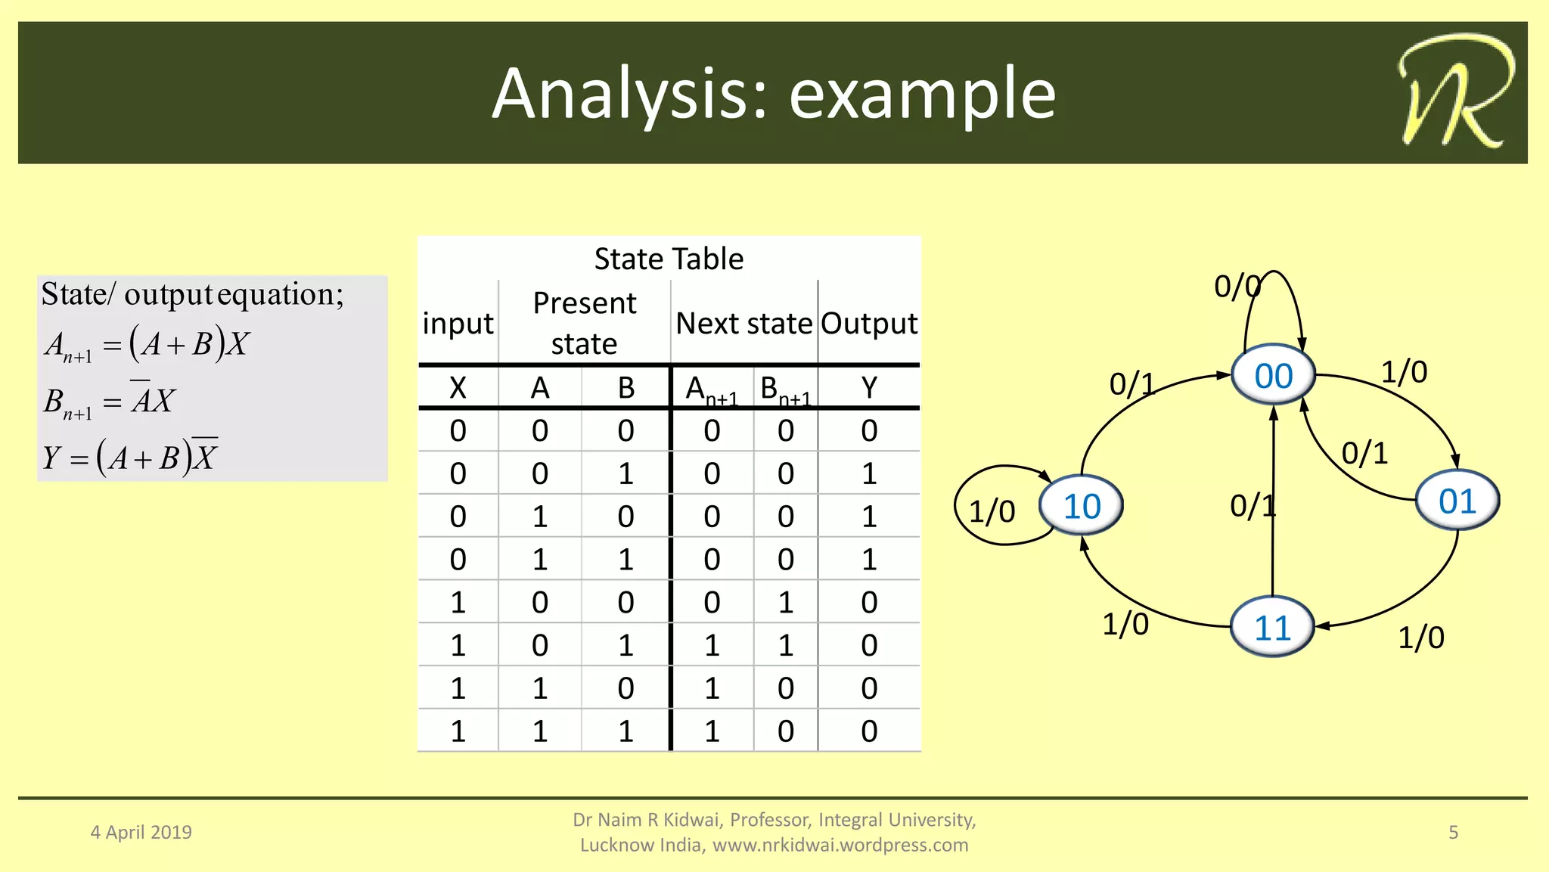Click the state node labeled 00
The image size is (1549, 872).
(x=1274, y=376)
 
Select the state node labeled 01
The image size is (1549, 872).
(x=1457, y=501)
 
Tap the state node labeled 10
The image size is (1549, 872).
(x=1082, y=506)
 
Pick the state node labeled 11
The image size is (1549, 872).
(x=1272, y=628)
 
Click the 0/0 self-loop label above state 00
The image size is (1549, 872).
(x=1237, y=287)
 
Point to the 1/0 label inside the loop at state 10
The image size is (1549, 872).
(x=992, y=512)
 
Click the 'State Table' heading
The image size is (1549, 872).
(x=669, y=259)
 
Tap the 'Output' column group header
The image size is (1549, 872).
(x=869, y=324)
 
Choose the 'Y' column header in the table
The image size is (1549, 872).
(x=869, y=388)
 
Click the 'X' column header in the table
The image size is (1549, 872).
(x=458, y=388)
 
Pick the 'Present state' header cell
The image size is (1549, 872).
(x=584, y=323)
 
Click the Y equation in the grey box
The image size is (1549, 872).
(x=130, y=457)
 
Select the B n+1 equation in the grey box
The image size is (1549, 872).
(x=110, y=401)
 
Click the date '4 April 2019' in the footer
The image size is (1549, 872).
(x=141, y=832)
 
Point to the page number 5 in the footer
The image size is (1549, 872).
(x=1453, y=832)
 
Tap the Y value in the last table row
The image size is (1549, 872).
(x=869, y=731)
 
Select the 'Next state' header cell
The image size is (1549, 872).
(x=743, y=324)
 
